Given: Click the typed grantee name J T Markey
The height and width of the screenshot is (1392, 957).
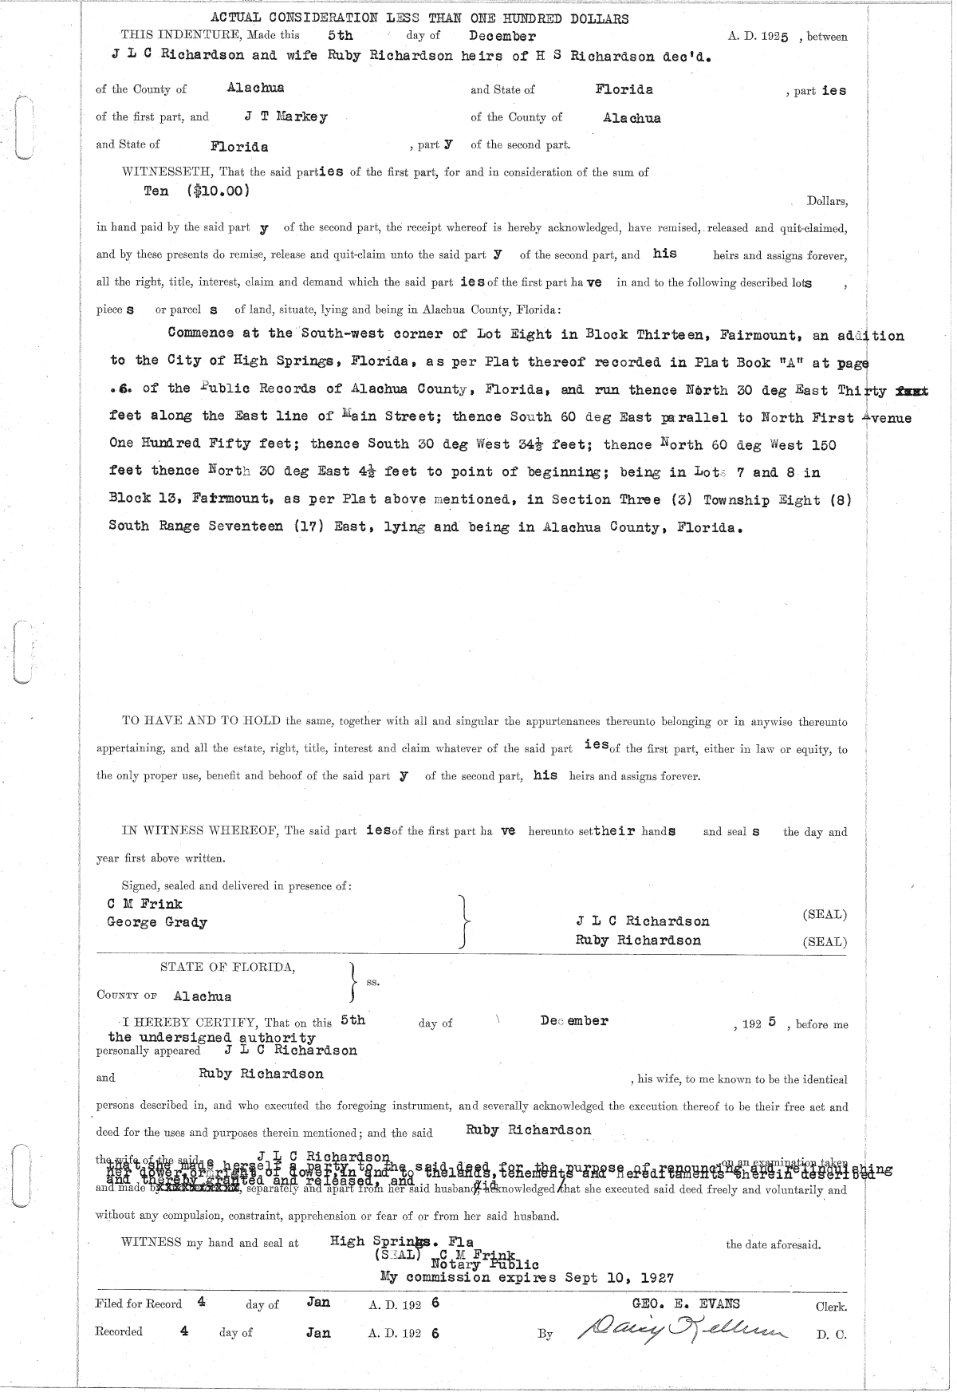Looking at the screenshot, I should click(x=286, y=116).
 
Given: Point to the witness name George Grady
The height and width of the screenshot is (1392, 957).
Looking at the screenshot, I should click(x=157, y=922).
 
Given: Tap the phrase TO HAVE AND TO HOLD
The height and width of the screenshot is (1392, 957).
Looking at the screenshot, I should click(x=201, y=721).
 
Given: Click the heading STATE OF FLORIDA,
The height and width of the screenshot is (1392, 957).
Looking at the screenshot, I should click(x=228, y=967).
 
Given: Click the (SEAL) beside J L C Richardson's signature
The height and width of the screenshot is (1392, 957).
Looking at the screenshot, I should click(x=825, y=915).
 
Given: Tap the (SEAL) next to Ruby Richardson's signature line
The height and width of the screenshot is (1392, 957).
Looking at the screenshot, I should click(x=825, y=942).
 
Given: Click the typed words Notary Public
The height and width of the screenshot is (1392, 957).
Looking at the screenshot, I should click(x=485, y=1264).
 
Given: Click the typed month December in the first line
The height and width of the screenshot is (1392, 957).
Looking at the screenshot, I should click(x=502, y=36).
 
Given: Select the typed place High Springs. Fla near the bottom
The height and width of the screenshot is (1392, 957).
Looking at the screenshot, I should click(x=402, y=1241).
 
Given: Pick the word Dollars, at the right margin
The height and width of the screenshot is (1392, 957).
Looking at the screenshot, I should click(x=827, y=202).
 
